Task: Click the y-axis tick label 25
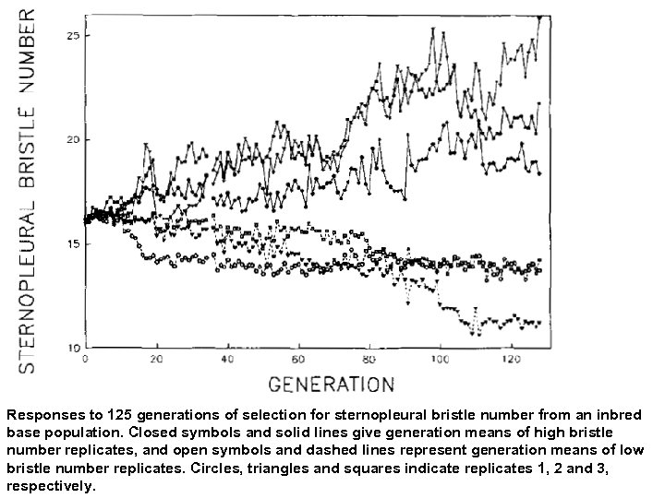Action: [x=73, y=35]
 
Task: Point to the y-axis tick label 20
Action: [x=73, y=139]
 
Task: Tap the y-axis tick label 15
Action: [x=73, y=243]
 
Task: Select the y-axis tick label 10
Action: [x=73, y=348]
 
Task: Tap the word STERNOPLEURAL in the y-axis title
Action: [x=27, y=286]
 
